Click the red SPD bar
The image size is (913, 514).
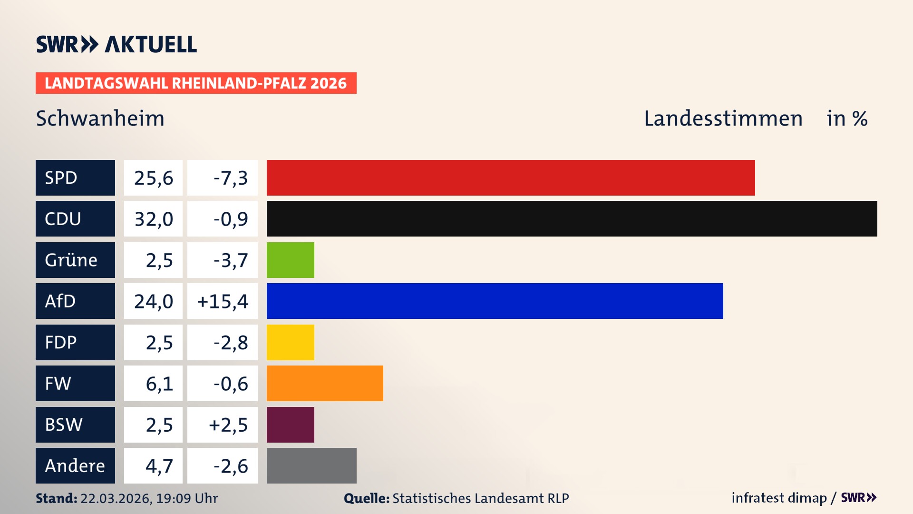tap(510, 178)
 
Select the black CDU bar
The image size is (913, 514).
tap(572, 218)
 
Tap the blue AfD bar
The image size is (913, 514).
tap(495, 301)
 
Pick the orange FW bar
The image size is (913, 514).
tap(325, 383)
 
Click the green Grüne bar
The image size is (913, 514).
tap(290, 260)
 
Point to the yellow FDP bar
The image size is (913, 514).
tap(290, 342)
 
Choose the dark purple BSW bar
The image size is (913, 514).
tap(290, 425)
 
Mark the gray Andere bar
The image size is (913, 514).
tap(311, 465)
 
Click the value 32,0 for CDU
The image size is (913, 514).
tap(153, 219)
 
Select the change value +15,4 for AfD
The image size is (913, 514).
tap(223, 301)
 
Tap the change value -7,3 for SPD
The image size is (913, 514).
tap(230, 178)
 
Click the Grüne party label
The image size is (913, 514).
tap(71, 260)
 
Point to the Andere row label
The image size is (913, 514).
tap(75, 465)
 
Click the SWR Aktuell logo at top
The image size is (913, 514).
tap(116, 44)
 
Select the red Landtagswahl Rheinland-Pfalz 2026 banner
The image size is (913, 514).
tap(196, 83)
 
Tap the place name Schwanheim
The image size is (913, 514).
tap(100, 119)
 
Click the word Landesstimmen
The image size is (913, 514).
tap(723, 119)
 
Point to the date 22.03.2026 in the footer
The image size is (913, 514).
tap(116, 498)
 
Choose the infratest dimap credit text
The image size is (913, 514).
tap(778, 498)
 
